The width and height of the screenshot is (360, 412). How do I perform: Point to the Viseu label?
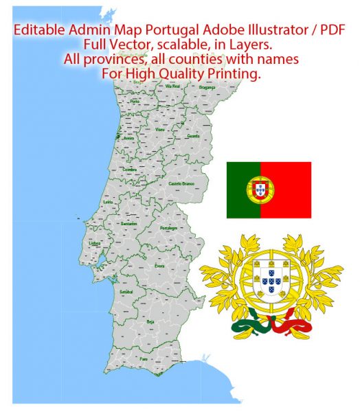[160, 129]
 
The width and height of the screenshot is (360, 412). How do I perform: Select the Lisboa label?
[97, 243]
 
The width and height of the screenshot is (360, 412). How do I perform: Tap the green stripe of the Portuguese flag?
[242, 190]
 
